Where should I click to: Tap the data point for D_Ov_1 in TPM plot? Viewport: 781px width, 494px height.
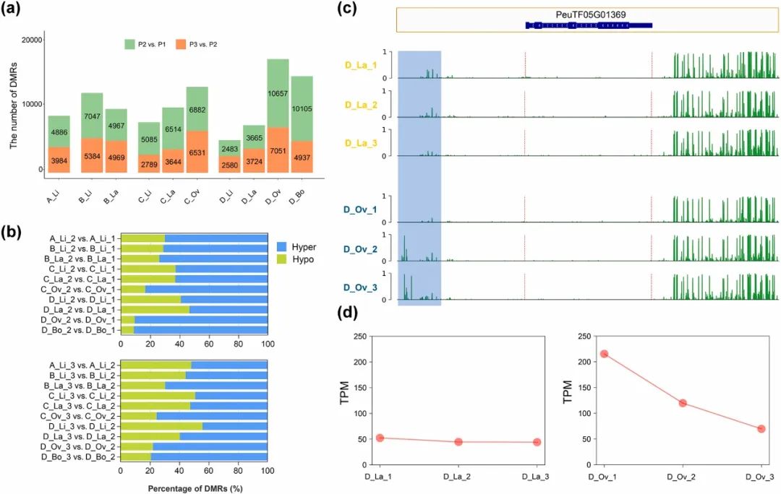point(603,354)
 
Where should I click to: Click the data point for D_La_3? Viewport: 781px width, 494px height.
point(537,442)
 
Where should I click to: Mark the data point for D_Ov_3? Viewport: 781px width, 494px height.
point(761,429)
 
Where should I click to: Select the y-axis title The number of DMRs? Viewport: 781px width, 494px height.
point(14,105)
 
